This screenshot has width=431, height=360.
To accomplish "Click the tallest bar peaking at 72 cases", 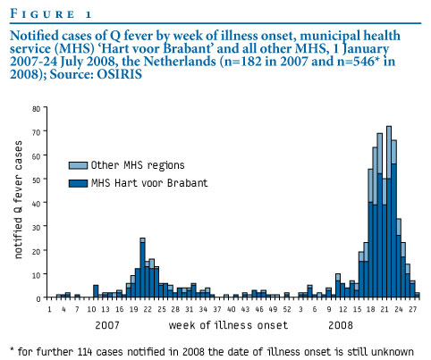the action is point(389,212).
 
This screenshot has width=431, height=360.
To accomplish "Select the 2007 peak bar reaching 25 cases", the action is point(142,268).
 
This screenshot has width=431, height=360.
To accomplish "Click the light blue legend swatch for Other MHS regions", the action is point(78,165).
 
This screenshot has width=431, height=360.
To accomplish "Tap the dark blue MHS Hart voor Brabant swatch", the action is point(78,183).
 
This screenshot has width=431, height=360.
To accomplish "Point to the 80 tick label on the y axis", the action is point(36,109).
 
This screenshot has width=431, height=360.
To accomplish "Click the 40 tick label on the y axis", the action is point(36,204).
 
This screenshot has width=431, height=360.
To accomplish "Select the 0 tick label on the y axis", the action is point(38,298).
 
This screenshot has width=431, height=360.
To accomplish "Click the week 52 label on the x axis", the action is point(287,309).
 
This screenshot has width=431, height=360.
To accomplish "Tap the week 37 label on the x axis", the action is point(217,309).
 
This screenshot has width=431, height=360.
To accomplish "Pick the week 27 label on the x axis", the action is point(412,309).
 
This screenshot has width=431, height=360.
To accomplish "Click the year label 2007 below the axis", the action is point(107,325).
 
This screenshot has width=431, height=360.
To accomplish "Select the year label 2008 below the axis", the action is point(341,325).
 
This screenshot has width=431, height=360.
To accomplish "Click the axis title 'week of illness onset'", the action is point(228,325).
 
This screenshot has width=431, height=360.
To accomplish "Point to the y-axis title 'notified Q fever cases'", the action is point(18,200).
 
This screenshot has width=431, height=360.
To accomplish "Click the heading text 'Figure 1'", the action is point(51,13).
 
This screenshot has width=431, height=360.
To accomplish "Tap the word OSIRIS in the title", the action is point(120,74).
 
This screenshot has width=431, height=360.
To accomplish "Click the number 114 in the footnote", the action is point(85,352).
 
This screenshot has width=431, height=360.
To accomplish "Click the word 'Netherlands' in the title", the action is point(180,62).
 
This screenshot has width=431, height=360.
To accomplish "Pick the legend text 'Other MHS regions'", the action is point(138,165).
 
